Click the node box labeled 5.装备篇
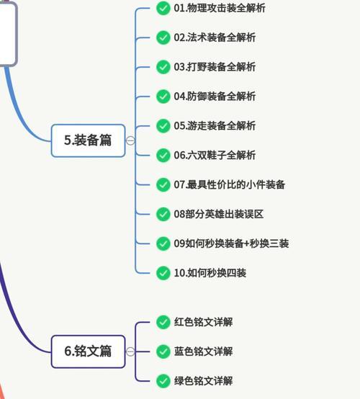tap(88, 140)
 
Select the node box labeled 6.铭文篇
tap(88, 351)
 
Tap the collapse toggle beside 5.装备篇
tap(130, 140)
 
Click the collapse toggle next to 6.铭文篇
tap(130, 351)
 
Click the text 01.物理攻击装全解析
tap(220, 8)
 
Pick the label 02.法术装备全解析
tap(215, 37)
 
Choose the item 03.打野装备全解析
tap(215, 67)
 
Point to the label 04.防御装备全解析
tap(215, 97)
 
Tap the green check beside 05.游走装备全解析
tap(163, 126)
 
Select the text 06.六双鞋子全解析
tap(215, 156)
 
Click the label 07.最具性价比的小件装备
tap(230, 185)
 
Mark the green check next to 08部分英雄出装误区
tap(163, 214)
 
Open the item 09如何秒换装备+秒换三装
tap(231, 243)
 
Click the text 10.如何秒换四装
tap(210, 273)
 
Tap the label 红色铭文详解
tap(203, 322)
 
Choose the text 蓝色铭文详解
tap(203, 351)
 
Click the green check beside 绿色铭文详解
tap(163, 381)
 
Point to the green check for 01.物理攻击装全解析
tap(163, 8)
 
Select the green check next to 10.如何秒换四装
tap(163, 273)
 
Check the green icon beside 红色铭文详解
tap(163, 322)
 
